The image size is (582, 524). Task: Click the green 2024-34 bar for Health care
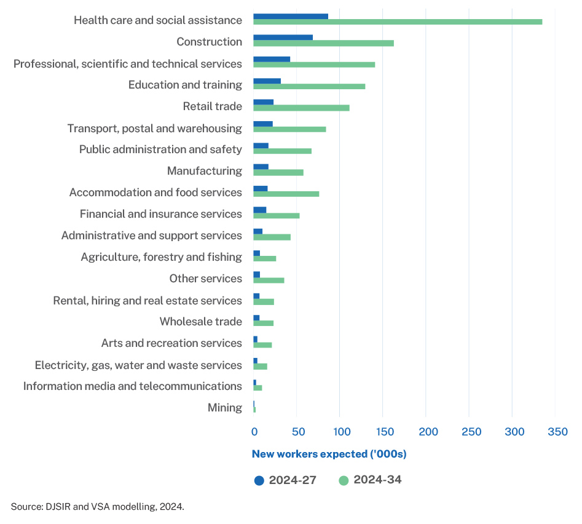(x=398, y=22)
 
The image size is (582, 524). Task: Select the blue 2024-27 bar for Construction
(x=283, y=38)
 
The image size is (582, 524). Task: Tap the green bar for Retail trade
(x=301, y=108)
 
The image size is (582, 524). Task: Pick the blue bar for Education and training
(x=267, y=81)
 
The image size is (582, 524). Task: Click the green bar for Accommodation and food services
(x=286, y=194)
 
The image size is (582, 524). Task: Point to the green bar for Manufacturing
(x=278, y=172)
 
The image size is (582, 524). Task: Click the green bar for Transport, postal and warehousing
(x=289, y=129)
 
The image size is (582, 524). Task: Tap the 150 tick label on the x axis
(x=384, y=431)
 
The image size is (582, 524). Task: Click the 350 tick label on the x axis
(x=557, y=431)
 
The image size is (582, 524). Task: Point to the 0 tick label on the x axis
(x=254, y=431)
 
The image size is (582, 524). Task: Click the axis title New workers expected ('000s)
(x=329, y=455)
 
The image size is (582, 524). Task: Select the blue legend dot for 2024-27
(x=259, y=480)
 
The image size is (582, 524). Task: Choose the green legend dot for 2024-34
(x=343, y=480)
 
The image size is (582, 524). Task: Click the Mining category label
(x=224, y=408)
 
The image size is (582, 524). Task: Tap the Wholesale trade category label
(x=200, y=322)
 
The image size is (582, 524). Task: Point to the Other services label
(x=205, y=279)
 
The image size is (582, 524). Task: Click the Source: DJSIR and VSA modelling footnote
(x=97, y=507)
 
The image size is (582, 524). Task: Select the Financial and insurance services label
(x=160, y=214)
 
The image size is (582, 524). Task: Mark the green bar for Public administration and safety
(x=282, y=151)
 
